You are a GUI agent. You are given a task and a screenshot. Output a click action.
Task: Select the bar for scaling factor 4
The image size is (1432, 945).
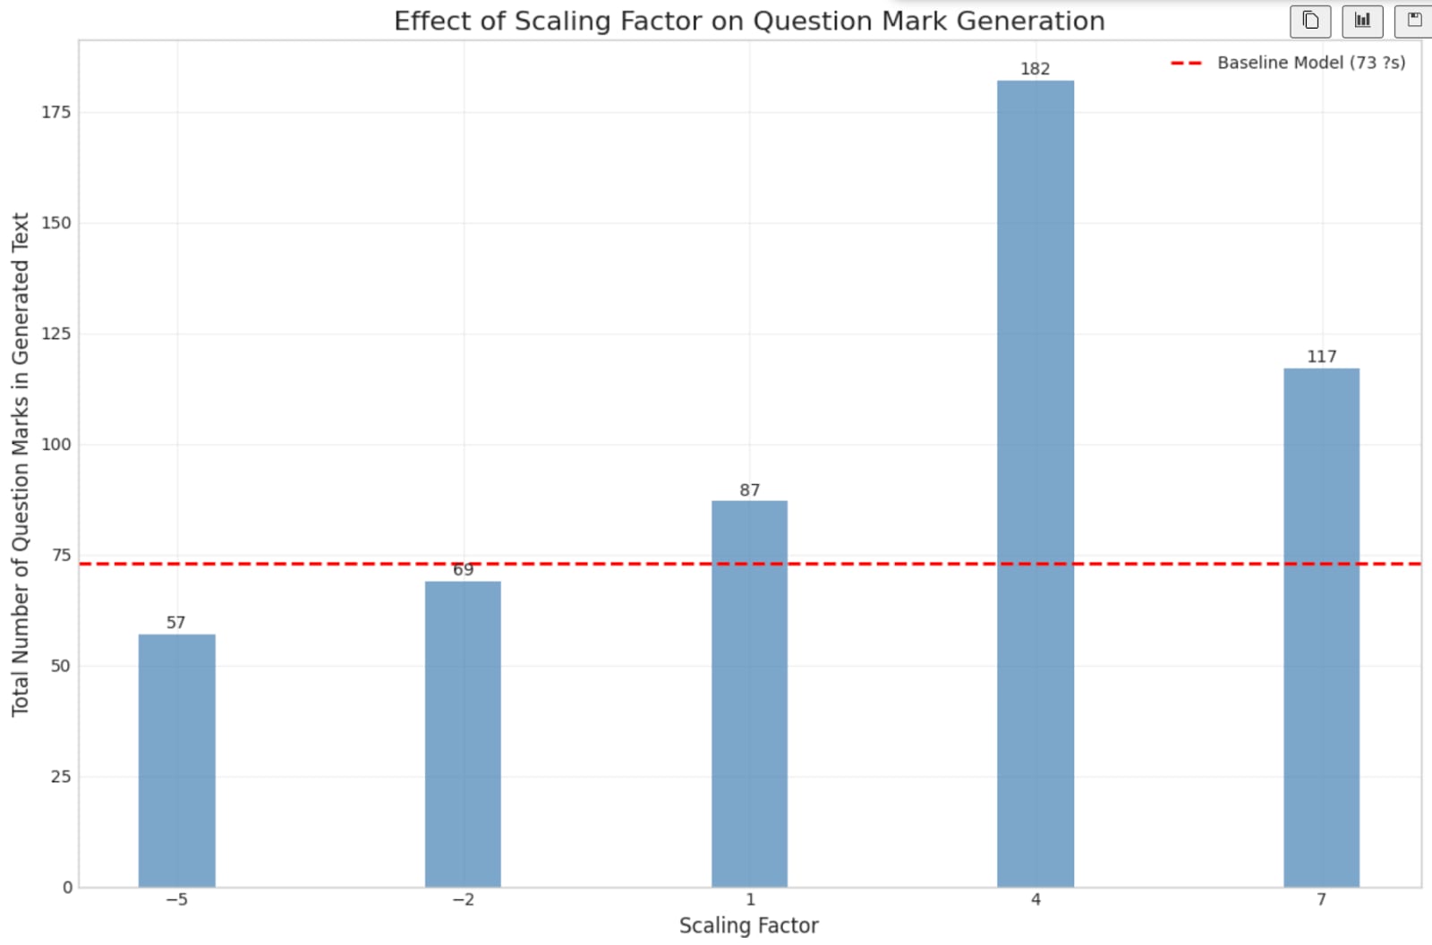pos(1036,483)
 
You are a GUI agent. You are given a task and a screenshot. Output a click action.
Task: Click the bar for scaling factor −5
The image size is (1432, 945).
pos(176,761)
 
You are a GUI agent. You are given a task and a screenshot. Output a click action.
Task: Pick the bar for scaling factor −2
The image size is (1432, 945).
pos(463,734)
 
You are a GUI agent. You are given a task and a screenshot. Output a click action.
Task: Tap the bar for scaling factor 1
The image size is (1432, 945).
pos(749,694)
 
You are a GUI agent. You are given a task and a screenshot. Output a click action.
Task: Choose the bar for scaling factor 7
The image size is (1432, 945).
pos(1321,626)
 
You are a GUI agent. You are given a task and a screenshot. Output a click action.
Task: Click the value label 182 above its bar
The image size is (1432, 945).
pos(1035,69)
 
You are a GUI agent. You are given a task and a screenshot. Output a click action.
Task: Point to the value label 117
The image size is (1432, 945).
pos(1321,356)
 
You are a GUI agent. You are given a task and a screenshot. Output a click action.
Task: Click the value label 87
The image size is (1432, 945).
pos(749,490)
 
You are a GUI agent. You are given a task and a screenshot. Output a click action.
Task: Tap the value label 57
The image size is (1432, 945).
pos(175,622)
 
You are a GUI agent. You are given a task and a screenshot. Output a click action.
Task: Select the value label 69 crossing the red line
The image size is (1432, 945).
pos(463,570)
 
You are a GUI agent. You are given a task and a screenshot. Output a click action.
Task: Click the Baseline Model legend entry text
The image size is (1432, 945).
pos(1310,63)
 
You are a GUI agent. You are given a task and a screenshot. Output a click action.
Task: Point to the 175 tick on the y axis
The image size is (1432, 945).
pos(55,112)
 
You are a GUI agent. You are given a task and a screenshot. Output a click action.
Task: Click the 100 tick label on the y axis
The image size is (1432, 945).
pos(55,445)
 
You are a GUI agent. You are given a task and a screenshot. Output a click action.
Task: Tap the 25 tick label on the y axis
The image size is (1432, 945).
pos(60,777)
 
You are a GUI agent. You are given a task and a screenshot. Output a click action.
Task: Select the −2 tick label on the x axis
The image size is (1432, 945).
pos(463,899)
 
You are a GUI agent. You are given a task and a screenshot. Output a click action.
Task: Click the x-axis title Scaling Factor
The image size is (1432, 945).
pos(748,925)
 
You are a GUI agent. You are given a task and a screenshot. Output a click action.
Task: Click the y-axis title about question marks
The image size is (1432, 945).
pos(20,464)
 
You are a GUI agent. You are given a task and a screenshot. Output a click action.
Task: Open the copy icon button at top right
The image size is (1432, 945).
pos(1310,21)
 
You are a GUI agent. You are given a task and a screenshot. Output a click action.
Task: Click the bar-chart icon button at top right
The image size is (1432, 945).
pos(1362,21)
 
